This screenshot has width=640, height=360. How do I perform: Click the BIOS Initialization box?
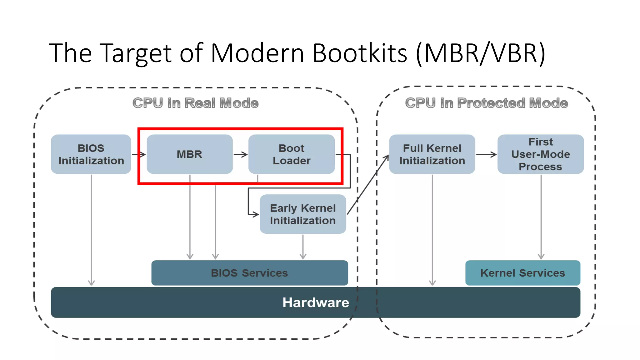[x=91, y=154]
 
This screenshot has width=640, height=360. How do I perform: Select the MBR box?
[x=189, y=154]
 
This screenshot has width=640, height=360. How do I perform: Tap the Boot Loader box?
[x=291, y=154]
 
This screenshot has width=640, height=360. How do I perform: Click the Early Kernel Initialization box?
[x=302, y=214]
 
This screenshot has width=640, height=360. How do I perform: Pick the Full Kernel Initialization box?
[x=432, y=154]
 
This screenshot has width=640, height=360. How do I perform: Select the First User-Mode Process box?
[x=540, y=154]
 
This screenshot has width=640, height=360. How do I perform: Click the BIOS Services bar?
[x=249, y=273]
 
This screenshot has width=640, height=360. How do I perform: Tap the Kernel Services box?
[x=522, y=273]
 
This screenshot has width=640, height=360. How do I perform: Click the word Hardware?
[x=316, y=302]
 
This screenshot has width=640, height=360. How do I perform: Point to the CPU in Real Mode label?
[x=195, y=103]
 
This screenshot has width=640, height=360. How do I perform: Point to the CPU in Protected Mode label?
[x=486, y=103]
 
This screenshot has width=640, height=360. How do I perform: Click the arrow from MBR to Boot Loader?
[x=241, y=154]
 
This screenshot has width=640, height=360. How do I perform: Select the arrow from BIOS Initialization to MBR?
[x=139, y=154]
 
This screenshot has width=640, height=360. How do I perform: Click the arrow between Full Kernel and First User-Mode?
[x=486, y=154]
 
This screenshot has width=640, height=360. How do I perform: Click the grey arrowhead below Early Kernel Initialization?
[x=303, y=256]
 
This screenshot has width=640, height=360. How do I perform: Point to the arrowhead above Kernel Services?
[x=541, y=256]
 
